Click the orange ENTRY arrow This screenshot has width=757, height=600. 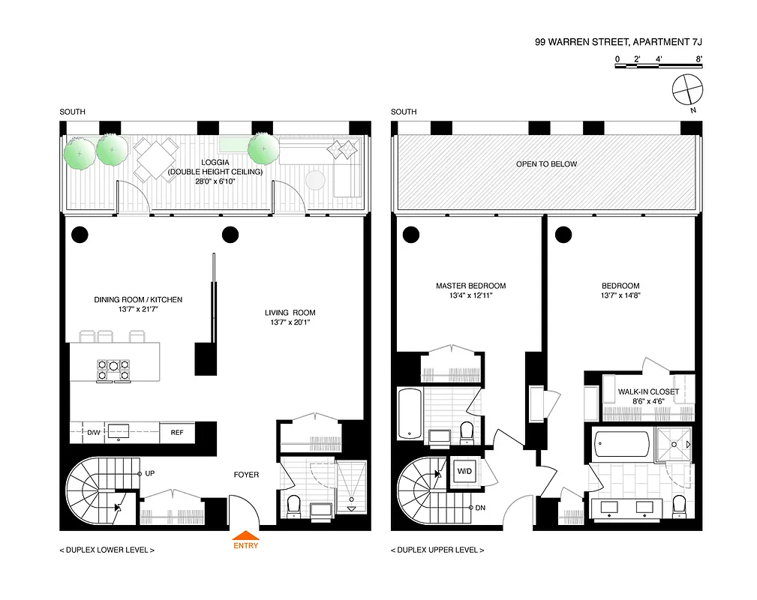[x=246, y=535]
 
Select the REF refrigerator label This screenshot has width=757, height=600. [x=177, y=433]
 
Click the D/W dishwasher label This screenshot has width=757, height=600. [x=95, y=433]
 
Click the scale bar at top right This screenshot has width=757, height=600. [x=658, y=66]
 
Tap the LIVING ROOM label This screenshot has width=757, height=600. [x=290, y=313]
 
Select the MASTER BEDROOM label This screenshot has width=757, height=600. [x=470, y=286]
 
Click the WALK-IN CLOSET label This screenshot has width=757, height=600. [x=648, y=392]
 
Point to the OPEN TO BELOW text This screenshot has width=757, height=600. [x=546, y=164]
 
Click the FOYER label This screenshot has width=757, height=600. [x=246, y=475]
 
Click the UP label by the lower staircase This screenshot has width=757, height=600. [x=150, y=474]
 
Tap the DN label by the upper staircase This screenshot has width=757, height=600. [x=480, y=508]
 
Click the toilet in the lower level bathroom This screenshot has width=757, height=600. [x=293, y=505]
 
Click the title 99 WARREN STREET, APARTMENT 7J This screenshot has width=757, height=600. [x=618, y=43]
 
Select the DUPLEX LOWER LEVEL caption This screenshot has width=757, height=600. [x=107, y=550]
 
